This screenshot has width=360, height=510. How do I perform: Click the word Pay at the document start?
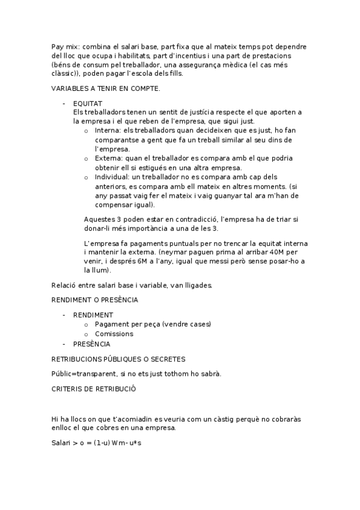click(58, 46)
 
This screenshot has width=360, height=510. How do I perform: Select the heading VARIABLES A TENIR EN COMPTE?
click(106, 88)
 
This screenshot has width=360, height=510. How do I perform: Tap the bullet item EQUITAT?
click(88, 103)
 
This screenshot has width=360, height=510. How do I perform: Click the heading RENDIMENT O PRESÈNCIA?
click(95, 299)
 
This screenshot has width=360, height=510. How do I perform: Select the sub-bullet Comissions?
click(114, 334)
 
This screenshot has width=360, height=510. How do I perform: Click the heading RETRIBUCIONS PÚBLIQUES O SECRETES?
click(118, 359)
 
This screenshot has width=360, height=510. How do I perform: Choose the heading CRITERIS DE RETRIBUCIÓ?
click(94, 389)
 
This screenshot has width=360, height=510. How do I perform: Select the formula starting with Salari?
click(96, 443)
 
